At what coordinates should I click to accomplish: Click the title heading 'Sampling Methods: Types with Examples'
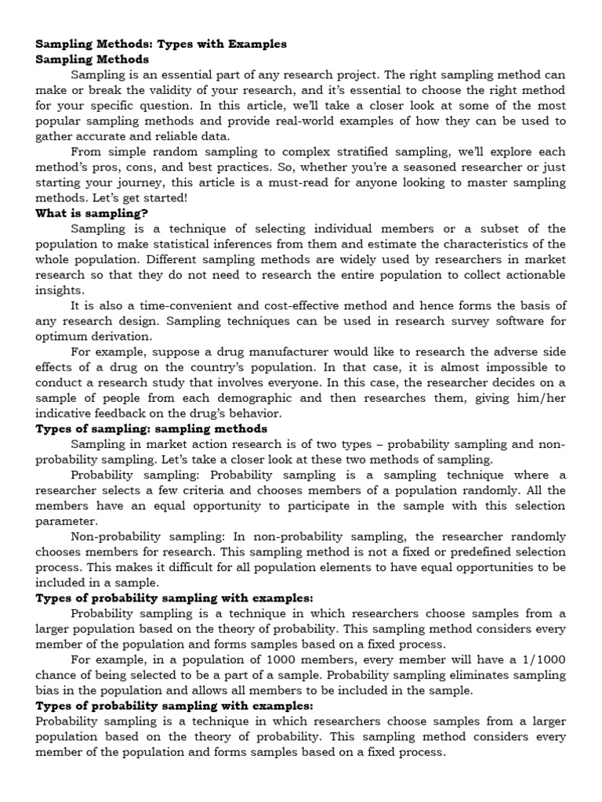[161, 44]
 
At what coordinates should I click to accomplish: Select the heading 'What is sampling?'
[92, 212]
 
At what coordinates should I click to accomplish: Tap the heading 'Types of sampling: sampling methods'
[151, 428]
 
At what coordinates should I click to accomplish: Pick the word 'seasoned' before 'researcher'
[422, 167]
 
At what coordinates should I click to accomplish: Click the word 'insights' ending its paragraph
[59, 290]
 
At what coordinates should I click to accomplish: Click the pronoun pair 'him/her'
[541, 397]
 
